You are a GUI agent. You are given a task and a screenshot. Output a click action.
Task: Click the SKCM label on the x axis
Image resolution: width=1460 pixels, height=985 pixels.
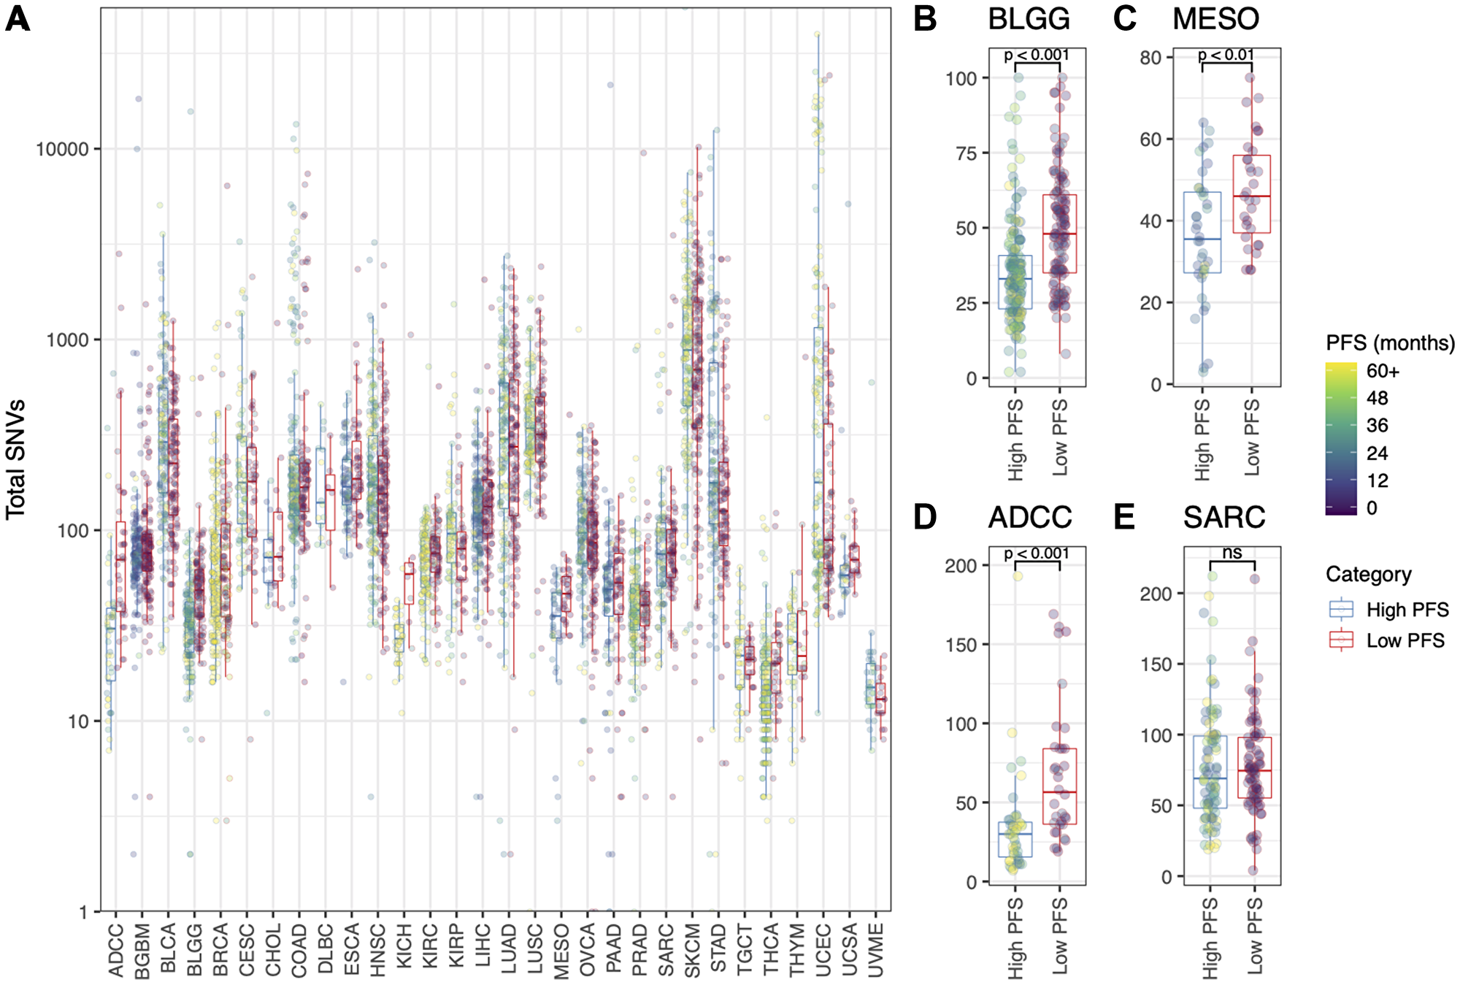[x=691, y=950]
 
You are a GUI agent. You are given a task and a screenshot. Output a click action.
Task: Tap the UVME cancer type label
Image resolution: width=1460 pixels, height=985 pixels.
[x=875, y=950]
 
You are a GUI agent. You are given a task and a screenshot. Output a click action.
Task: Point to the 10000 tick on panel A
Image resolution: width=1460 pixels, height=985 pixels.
[x=62, y=150]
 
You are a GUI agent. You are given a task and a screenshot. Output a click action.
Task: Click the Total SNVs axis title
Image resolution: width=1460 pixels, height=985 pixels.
[x=16, y=459]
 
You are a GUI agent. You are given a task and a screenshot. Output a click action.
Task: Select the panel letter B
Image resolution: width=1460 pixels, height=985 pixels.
[x=925, y=19]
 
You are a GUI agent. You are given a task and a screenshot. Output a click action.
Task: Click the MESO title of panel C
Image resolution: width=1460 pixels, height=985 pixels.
[x=1215, y=19]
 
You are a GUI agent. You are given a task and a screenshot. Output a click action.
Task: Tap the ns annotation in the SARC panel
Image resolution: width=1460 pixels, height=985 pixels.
[x=1232, y=553]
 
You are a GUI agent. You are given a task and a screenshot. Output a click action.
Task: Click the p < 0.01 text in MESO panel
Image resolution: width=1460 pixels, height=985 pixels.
[x=1226, y=55]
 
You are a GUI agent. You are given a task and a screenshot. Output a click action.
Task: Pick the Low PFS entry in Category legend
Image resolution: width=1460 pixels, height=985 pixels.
[x=1405, y=640]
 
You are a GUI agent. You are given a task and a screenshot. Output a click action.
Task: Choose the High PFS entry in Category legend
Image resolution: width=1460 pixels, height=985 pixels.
[x=1407, y=609]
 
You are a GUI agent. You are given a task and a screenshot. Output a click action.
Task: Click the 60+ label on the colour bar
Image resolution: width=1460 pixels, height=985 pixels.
[x=1383, y=371]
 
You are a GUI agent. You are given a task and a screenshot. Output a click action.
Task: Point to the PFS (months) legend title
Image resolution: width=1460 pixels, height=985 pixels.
[x=1390, y=342]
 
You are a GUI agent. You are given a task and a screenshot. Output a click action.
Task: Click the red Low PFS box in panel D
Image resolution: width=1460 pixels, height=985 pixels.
[x=1059, y=786]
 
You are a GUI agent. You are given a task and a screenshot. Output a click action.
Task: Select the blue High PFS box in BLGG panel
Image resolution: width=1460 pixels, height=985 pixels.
[x=1015, y=282]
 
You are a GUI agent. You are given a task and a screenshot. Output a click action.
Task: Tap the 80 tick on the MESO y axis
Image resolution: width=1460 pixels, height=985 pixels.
[x=1150, y=58]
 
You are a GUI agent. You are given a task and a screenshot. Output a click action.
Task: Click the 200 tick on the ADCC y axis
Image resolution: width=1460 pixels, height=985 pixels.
[x=961, y=566]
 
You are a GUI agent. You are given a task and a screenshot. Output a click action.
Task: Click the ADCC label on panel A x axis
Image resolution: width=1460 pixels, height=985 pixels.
[x=115, y=950]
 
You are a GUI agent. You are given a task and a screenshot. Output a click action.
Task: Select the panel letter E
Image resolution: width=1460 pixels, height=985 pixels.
[x=1124, y=517]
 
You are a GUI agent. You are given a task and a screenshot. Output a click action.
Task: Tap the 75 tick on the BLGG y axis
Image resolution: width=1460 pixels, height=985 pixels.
[x=967, y=153]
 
